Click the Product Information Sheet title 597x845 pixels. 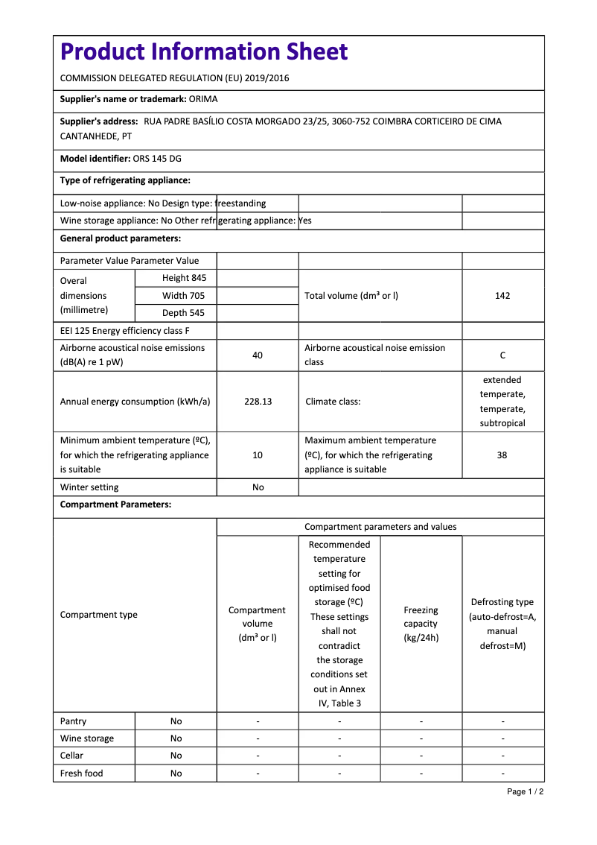pos(203,52)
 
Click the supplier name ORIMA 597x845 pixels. pos(203,99)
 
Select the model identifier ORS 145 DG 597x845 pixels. pos(157,159)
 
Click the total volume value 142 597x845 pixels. pos(502,296)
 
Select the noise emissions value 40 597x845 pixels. pos(258,355)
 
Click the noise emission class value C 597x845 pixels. pos(502,355)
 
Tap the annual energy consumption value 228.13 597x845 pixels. pos(258,402)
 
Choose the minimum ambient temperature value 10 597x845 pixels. pos(258,455)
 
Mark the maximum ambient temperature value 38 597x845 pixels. pos(502,455)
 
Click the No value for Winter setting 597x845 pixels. pos(258,487)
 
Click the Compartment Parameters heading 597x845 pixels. pos(115,504)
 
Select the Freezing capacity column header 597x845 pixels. pos(421,624)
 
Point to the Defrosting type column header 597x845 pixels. pos(502,624)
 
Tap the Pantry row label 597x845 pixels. pos(73,721)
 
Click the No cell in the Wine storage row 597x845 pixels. pos(176,738)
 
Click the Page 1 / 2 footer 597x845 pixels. pos(525,791)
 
